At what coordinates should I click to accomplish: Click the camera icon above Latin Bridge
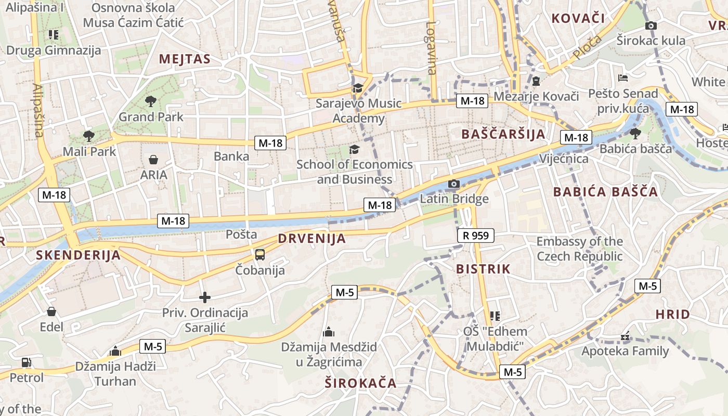click(x=453, y=184)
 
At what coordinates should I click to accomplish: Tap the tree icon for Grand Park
click(x=151, y=101)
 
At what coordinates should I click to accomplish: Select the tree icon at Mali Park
click(x=89, y=136)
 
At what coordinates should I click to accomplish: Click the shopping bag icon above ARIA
click(x=153, y=159)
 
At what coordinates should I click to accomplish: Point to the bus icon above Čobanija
click(x=259, y=255)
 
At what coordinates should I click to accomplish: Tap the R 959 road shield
click(x=476, y=236)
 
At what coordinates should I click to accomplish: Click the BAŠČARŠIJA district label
click(x=503, y=134)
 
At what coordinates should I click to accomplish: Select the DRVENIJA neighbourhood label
click(x=311, y=239)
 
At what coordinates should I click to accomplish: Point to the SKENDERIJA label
click(x=79, y=255)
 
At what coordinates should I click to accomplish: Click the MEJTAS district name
click(x=185, y=59)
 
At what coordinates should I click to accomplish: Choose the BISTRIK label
click(x=483, y=269)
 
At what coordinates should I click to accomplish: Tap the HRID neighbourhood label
click(x=672, y=314)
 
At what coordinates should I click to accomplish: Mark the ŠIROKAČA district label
click(x=360, y=384)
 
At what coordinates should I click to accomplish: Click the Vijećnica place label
click(x=564, y=159)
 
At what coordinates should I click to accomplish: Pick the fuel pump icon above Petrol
click(x=26, y=362)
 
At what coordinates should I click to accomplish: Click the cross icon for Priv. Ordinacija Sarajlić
click(x=205, y=297)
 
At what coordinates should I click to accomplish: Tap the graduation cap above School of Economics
click(x=354, y=150)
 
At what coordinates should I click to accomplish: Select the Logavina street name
click(x=431, y=47)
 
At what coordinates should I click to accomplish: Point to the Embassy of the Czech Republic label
click(x=579, y=249)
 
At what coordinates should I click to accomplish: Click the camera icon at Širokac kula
click(x=651, y=25)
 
